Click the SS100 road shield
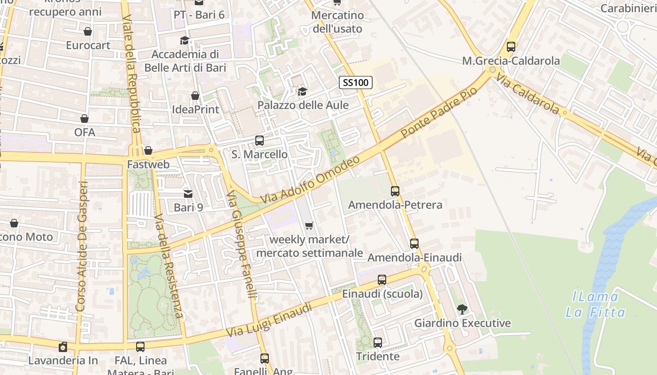356,83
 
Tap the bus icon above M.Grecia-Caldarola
511,47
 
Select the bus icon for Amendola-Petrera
395,191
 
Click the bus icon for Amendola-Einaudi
414,244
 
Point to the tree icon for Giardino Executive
462,309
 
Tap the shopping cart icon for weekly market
309,226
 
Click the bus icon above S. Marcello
259,140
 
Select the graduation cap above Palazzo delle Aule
303,91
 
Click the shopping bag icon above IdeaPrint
195,96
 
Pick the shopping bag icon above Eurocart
88,31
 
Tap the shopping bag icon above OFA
84,119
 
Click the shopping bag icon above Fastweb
148,150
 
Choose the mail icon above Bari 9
188,194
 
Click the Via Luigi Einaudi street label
269,320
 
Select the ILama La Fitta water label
595,305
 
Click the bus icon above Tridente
378,343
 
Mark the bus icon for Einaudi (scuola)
382,280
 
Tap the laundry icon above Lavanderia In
63,347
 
